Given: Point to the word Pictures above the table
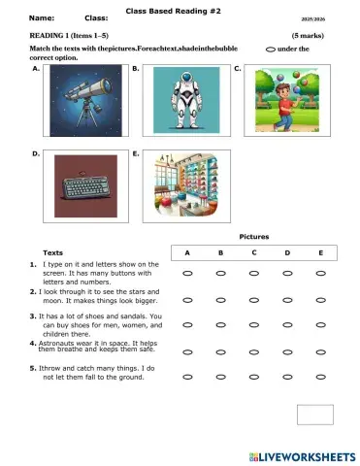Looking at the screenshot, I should coord(253,236).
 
